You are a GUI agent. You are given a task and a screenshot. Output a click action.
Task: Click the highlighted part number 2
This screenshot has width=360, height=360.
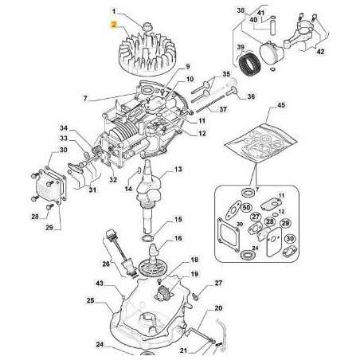[x=114, y=25]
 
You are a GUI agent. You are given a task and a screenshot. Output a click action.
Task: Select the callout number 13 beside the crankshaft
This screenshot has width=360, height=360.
[x=178, y=170]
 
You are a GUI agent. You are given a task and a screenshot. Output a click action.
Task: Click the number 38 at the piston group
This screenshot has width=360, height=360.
[x=241, y=10]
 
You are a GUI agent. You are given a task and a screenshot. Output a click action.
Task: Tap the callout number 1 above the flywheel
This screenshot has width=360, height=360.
[x=114, y=11]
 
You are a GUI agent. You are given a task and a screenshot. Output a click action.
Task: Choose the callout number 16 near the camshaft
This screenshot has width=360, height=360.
[x=178, y=238]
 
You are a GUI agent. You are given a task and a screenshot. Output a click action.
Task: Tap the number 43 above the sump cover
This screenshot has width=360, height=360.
[x=99, y=284]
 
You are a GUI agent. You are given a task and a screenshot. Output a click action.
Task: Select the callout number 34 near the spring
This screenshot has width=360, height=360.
[x=64, y=127]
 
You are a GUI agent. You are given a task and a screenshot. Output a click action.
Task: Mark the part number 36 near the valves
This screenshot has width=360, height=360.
[x=229, y=97]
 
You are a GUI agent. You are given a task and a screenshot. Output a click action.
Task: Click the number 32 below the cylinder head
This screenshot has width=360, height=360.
[x=112, y=180]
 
